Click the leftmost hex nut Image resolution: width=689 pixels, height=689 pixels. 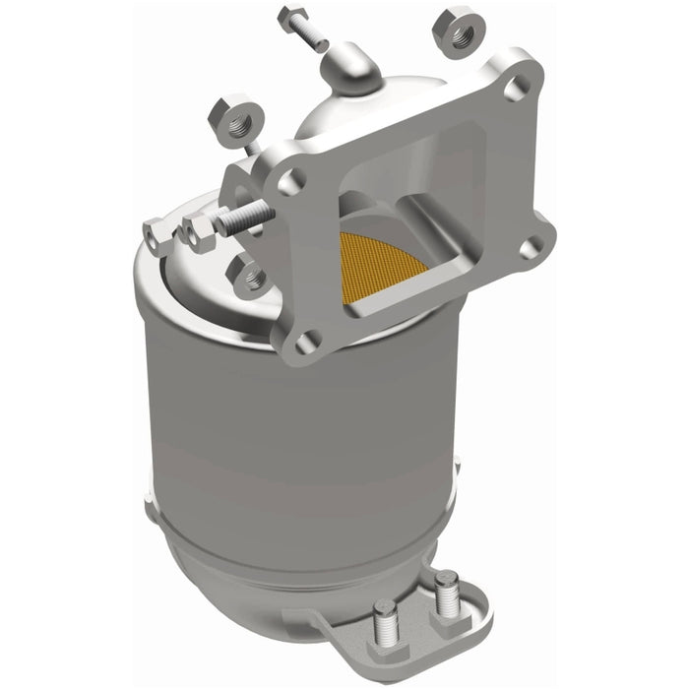(156, 233)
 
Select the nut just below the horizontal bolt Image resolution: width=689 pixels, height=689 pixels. (245, 273)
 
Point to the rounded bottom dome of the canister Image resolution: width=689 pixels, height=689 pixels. (276, 591)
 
